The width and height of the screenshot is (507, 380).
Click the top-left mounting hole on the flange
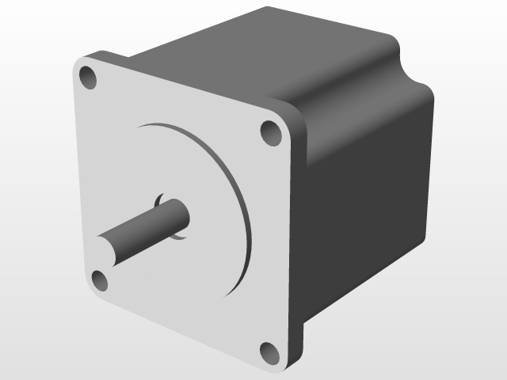(x=87, y=78)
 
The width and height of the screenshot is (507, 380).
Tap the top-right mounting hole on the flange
(x=271, y=132)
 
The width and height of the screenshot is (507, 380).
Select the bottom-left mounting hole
(x=100, y=279)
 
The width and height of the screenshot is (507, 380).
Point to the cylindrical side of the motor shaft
(x=147, y=229)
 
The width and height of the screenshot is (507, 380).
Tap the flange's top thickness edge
(x=190, y=79)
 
